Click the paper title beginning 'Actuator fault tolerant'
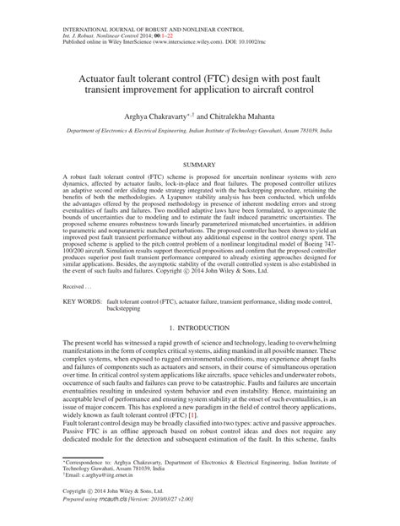200,79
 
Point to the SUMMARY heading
199,163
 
